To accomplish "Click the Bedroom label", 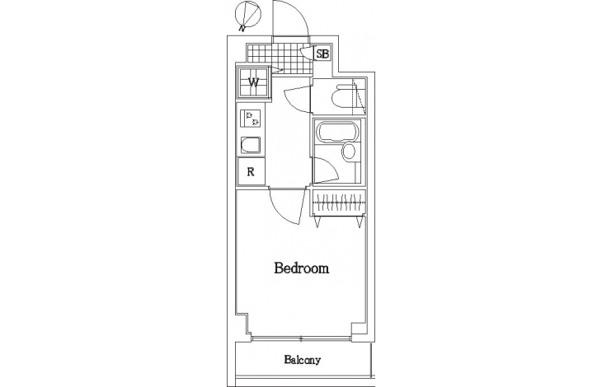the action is coord(301,268).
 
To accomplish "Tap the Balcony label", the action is coord(302,360).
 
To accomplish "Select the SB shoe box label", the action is coord(322,54).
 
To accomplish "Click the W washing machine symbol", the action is coord(253,82).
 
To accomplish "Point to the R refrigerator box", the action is coord(251,171).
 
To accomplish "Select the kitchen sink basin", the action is coord(251,146).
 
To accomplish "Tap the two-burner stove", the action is coord(251,119).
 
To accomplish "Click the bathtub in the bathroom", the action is coord(336,132).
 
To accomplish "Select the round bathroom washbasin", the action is coord(349,152).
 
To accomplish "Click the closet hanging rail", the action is coord(339,203).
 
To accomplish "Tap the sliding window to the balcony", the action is coord(301,338).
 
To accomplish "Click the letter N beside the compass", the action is coord(242,28).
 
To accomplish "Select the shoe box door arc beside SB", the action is coord(306,52).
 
